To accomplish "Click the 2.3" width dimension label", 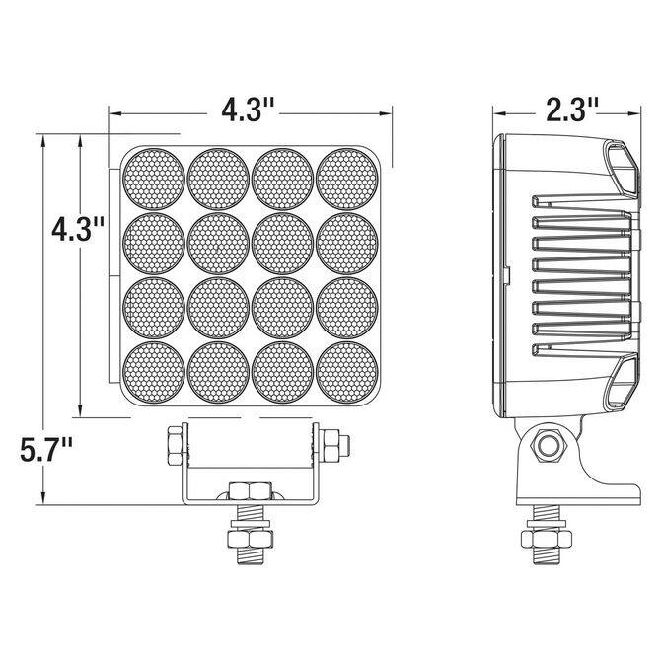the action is tap(571, 110).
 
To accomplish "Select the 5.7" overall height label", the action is tap(46, 449).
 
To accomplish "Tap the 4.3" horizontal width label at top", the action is tap(249, 110).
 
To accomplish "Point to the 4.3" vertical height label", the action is tap(78, 229).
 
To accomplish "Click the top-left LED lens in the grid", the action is tap(154, 179).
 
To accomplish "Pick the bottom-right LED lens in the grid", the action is tap(347, 372).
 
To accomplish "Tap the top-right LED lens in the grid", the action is tap(347, 179).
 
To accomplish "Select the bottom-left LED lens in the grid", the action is tap(154, 372).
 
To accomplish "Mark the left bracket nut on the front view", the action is tap(175, 446).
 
